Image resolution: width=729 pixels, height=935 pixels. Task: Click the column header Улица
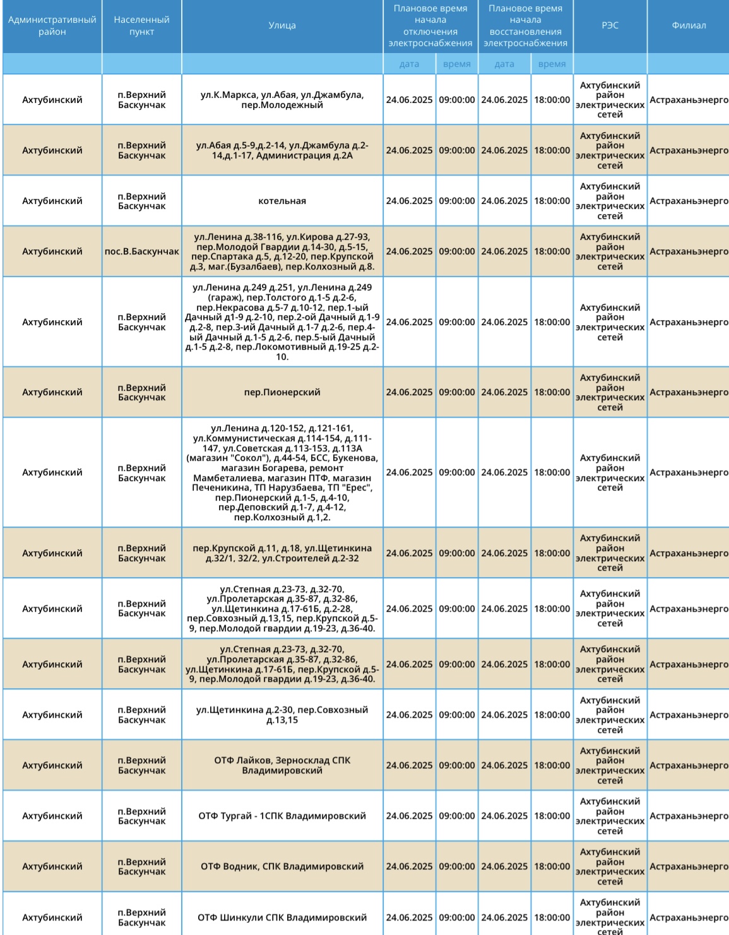(282, 26)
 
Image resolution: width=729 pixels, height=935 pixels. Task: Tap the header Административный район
(52, 26)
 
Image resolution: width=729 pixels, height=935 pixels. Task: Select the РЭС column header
(610, 26)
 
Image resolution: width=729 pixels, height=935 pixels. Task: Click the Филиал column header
(689, 26)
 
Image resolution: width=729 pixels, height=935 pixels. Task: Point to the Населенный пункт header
(141, 26)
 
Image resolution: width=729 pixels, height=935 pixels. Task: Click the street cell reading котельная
(282, 201)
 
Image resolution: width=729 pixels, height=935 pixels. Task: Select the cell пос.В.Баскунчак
(141, 251)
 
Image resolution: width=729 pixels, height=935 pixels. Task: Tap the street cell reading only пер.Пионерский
(282, 392)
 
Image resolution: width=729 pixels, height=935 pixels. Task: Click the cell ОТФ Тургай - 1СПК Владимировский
(282, 816)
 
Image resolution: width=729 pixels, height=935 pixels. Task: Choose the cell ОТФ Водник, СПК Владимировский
(282, 866)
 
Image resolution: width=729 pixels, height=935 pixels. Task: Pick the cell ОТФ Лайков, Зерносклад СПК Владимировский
(282, 765)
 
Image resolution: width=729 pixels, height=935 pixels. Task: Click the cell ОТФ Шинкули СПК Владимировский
(282, 917)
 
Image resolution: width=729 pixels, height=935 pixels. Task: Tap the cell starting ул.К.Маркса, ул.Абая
(282, 100)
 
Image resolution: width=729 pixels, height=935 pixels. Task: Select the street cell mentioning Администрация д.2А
(282, 150)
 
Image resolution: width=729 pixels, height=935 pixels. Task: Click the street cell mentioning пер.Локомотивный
(282, 322)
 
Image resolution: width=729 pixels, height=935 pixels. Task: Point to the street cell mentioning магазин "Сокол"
(282, 472)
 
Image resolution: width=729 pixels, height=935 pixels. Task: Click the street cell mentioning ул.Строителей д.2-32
(282, 553)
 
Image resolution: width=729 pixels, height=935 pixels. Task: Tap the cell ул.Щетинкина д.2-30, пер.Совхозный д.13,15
(282, 715)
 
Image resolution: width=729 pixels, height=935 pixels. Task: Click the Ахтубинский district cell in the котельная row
(52, 201)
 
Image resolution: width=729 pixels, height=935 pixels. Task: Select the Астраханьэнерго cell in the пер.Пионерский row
(689, 392)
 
